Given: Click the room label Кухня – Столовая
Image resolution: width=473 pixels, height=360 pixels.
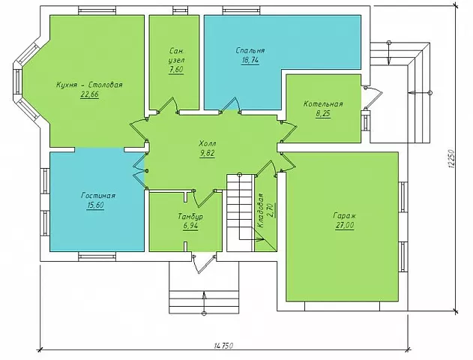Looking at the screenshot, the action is [89, 85].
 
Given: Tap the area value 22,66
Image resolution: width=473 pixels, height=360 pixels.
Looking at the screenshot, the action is [90, 94].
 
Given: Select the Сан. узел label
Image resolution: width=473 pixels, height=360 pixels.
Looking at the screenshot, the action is [177, 55].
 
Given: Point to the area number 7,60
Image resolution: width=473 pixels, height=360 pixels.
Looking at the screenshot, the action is [176, 70].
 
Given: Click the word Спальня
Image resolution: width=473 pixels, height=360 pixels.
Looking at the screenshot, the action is [250, 50].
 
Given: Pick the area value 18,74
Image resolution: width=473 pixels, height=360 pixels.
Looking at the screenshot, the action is [250, 60].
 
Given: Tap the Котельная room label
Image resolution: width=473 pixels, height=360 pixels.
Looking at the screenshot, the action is [323, 104].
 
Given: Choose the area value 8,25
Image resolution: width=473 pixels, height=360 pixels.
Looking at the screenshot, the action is [323, 114].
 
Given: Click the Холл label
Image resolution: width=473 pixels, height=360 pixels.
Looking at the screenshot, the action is [208, 143].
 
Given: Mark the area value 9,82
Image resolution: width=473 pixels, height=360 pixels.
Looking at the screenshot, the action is [207, 153].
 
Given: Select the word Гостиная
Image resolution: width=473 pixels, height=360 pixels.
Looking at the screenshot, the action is [98, 196].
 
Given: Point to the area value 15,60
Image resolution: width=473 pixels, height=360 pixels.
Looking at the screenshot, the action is [95, 205].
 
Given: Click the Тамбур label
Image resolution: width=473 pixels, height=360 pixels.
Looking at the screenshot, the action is [190, 216].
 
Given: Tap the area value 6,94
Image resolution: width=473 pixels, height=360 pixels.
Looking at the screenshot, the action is [190, 226].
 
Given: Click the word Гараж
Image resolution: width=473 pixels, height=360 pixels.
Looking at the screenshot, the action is [345, 216].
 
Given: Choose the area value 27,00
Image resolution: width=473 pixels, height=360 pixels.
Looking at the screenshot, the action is [345, 226].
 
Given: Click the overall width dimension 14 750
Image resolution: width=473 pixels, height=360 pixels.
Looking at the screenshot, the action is [224, 346].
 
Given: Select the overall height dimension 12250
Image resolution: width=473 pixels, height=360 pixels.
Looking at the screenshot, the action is [451, 159].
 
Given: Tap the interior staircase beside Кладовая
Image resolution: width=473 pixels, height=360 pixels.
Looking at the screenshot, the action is [240, 212].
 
